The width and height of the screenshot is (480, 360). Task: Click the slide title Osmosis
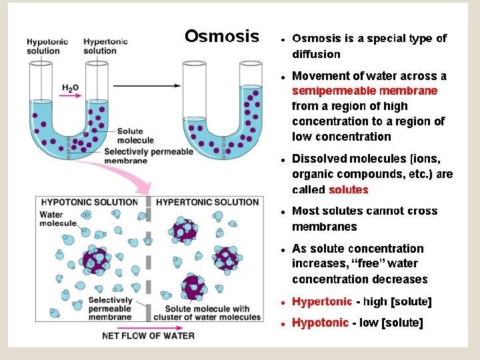pos(221,36)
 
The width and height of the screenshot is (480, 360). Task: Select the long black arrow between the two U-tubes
pos(147,85)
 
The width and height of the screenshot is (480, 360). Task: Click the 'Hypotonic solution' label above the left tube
pos(47,46)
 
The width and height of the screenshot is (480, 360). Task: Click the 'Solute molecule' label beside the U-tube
pos(135,136)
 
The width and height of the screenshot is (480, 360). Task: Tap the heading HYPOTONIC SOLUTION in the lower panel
pos(89,201)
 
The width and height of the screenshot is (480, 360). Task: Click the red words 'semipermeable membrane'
pos(365,91)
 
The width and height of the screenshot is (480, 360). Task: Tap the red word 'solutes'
pos(348,189)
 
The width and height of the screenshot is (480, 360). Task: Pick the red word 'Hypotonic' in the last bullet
pos(320,323)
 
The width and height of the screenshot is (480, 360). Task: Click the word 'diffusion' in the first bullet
pos(316,54)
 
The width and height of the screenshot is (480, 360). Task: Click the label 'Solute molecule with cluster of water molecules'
pos(207,313)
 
